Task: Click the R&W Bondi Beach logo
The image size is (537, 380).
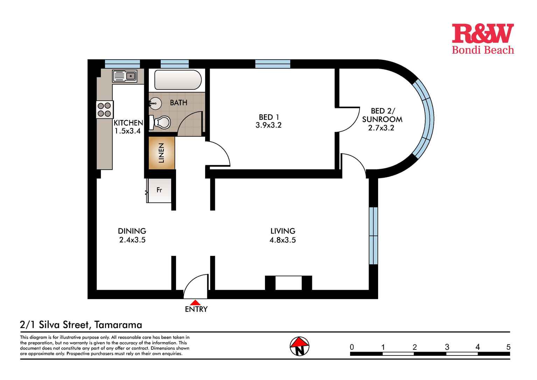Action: [x=483, y=39]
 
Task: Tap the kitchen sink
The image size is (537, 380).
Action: [x=124, y=76]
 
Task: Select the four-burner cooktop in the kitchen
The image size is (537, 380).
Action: [x=105, y=109]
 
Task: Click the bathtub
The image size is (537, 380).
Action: [x=178, y=80]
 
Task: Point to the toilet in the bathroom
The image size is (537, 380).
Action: [x=160, y=122]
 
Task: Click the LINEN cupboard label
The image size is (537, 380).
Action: [x=161, y=153]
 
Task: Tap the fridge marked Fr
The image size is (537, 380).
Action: [x=159, y=190]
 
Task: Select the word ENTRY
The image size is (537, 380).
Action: [x=196, y=309]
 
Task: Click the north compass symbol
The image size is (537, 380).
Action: [x=299, y=346]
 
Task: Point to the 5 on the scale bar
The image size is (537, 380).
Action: [x=508, y=347]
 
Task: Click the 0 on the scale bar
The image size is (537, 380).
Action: [x=352, y=347]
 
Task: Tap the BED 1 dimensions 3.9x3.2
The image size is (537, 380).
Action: [x=268, y=125]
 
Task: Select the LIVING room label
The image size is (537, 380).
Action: [x=283, y=231]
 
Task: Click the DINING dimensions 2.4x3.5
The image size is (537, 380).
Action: [x=132, y=240]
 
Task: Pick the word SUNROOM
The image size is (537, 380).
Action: [x=382, y=119]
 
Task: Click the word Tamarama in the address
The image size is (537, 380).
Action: [x=118, y=325]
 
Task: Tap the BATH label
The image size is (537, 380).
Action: [x=179, y=103]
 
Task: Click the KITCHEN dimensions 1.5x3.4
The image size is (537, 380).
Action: [x=127, y=131]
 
